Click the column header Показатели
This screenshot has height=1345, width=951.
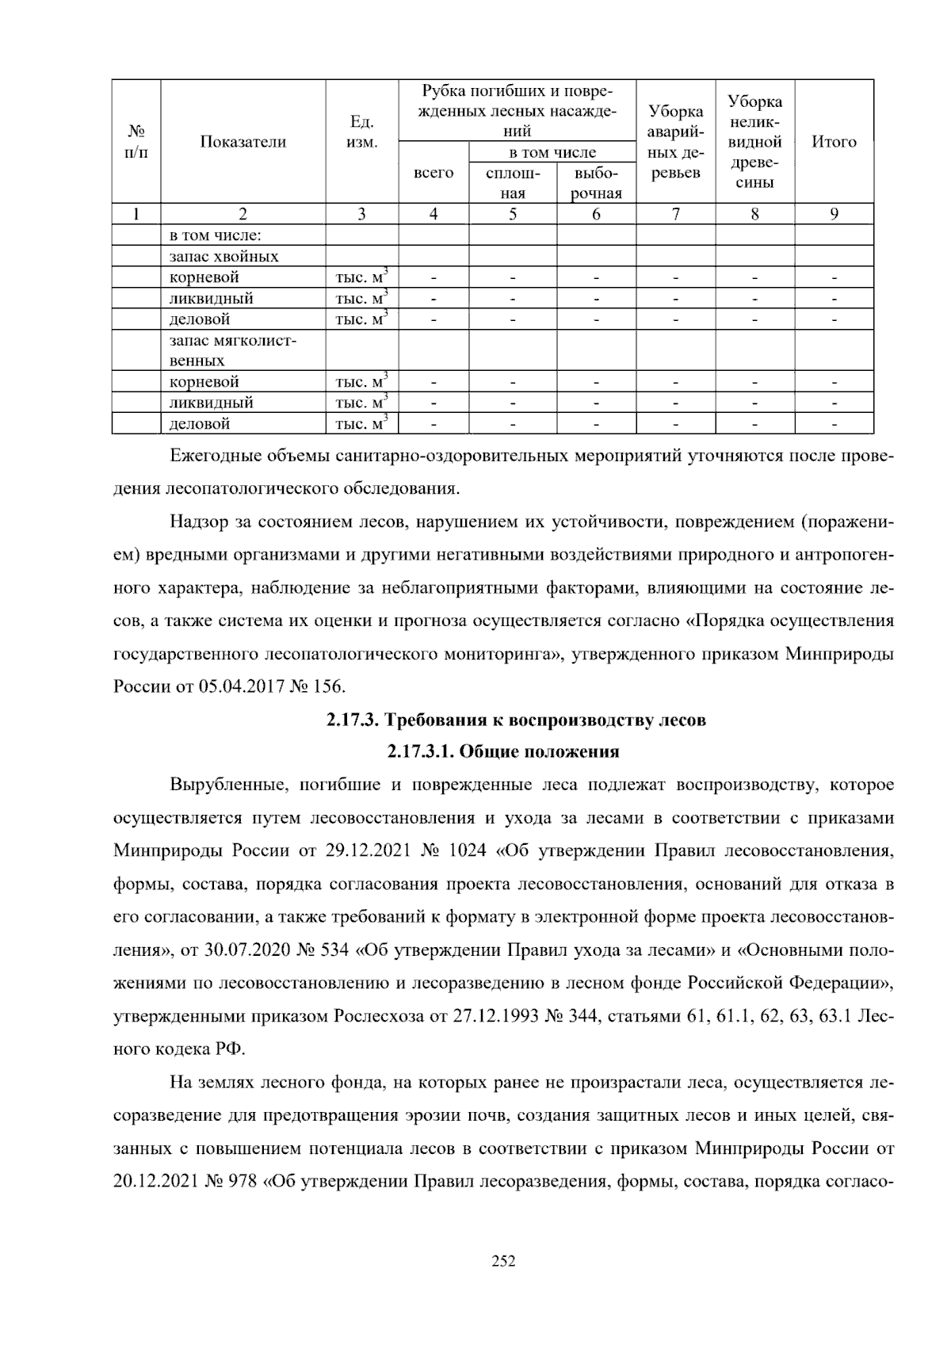coord(243,142)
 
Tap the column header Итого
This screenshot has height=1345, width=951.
coord(834,142)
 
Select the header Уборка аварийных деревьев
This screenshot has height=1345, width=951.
coord(675,142)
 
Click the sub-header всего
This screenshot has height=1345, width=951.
coord(433,173)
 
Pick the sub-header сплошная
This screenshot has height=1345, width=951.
coord(513,183)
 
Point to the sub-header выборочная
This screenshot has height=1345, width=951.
coord(596,183)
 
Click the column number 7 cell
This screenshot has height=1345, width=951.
coord(675,214)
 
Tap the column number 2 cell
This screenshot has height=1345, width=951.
coord(243,214)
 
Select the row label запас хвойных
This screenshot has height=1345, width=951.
coord(224,257)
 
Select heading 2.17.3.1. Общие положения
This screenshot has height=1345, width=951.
coord(503,751)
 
